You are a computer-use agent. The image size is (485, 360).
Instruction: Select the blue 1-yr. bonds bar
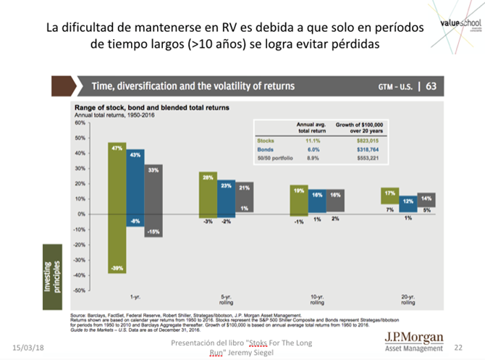click(135, 188)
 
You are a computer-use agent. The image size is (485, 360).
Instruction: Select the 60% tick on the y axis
click(80, 123)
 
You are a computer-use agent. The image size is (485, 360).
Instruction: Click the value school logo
click(458, 25)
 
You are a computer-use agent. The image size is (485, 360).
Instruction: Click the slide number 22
click(457, 347)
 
